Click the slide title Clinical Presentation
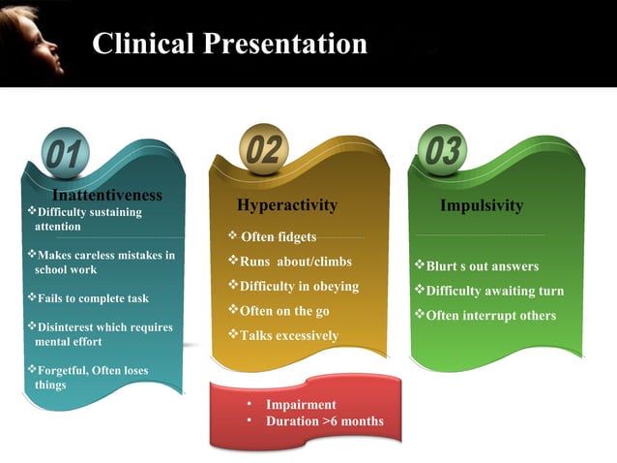pyautogui.click(x=229, y=44)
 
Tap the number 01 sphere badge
pyautogui.click(x=66, y=153)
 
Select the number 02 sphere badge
pyautogui.click(x=262, y=149)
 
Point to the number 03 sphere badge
pyautogui.click(x=444, y=150)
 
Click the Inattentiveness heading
pyautogui.click(x=106, y=196)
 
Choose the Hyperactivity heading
pyautogui.click(x=287, y=205)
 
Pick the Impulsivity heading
pyautogui.click(x=481, y=205)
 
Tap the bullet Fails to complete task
pyautogui.click(x=92, y=298)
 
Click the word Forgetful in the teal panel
pyautogui.click(x=62, y=370)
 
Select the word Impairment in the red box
pyautogui.click(x=301, y=405)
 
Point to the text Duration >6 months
pyautogui.click(x=324, y=421)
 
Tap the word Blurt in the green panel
pyautogui.click(x=442, y=266)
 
